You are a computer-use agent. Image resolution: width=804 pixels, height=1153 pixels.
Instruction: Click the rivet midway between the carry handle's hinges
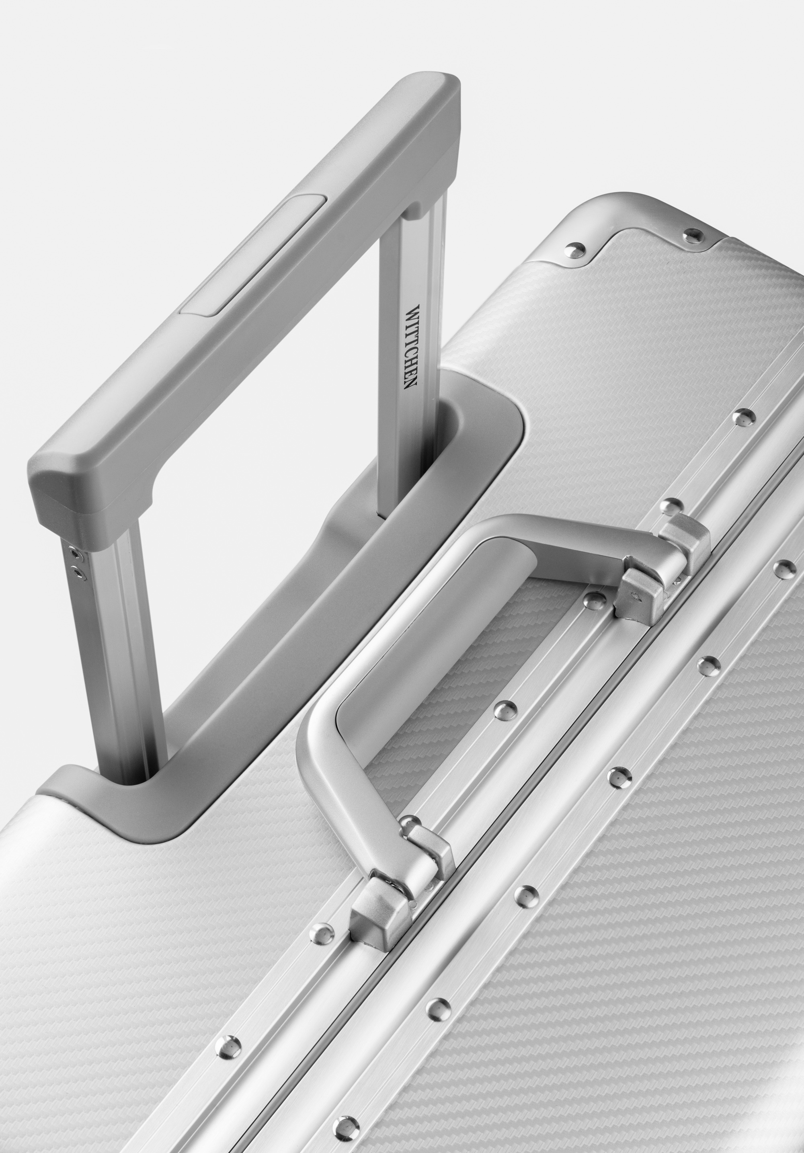[x=505, y=710]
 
